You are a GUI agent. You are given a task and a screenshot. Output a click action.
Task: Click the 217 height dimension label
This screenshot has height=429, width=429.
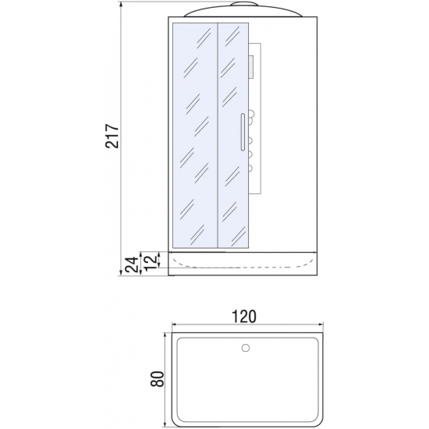pos(112,136)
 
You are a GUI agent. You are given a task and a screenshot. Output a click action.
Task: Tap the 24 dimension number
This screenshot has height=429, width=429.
pos(132,264)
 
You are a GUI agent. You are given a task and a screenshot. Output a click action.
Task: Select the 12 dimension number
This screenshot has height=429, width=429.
pos(151,262)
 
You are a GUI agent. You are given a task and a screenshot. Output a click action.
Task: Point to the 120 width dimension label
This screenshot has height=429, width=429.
pos(244,316)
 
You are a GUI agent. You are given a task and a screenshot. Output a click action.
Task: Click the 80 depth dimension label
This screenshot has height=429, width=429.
pos(158,379)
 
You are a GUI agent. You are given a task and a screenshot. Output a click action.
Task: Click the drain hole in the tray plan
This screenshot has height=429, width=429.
pos(246,348)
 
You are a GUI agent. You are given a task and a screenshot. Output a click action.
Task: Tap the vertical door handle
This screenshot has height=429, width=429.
pos(243,132)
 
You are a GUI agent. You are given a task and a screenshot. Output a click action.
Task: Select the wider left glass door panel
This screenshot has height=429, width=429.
pos(195,136)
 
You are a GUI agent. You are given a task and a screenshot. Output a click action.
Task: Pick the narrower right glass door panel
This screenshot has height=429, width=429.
pos(233,136)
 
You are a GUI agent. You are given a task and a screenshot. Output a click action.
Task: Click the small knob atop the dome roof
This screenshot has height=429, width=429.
pos(244,5)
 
